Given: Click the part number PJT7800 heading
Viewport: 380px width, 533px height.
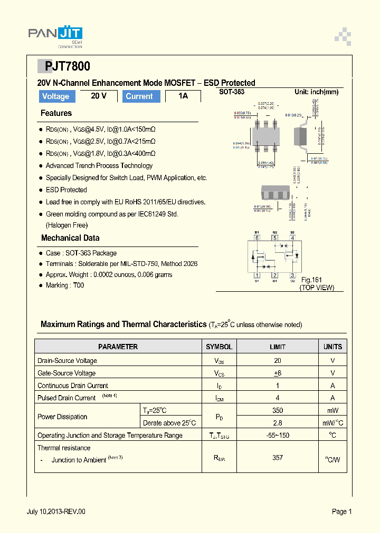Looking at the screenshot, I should click(x=63, y=66).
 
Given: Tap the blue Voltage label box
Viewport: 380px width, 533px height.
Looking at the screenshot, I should click(x=56, y=96).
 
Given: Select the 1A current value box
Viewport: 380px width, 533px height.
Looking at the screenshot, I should click(x=183, y=96).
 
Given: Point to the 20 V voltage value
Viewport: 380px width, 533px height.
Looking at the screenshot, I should click(x=99, y=96).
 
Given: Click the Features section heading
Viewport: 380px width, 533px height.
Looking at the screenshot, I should click(x=56, y=113).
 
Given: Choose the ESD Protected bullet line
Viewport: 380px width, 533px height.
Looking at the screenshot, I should click(x=66, y=190).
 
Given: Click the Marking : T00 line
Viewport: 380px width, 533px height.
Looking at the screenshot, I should click(x=65, y=285).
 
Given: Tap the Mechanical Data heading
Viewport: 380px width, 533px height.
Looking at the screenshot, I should click(x=70, y=238).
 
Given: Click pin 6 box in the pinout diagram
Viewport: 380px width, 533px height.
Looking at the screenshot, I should click(x=257, y=238).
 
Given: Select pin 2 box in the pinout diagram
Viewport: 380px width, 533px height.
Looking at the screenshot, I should click(x=274, y=274).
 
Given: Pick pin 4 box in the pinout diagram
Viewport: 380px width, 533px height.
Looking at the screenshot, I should click(x=292, y=238).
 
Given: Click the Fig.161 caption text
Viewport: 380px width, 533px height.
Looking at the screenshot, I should click(x=311, y=280).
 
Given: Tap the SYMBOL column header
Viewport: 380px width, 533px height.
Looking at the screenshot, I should click(x=219, y=347).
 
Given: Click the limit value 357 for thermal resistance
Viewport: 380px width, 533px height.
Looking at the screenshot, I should click(x=278, y=458).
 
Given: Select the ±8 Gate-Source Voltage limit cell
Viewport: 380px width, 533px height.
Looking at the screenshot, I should click(x=278, y=373).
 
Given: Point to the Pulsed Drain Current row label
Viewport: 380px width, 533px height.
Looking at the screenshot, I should click(x=66, y=398).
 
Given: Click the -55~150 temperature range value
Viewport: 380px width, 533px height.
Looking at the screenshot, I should click(x=278, y=435).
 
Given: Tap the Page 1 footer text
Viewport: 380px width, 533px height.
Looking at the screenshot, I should click(x=341, y=511).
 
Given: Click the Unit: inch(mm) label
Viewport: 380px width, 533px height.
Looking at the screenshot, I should click(x=316, y=92).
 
